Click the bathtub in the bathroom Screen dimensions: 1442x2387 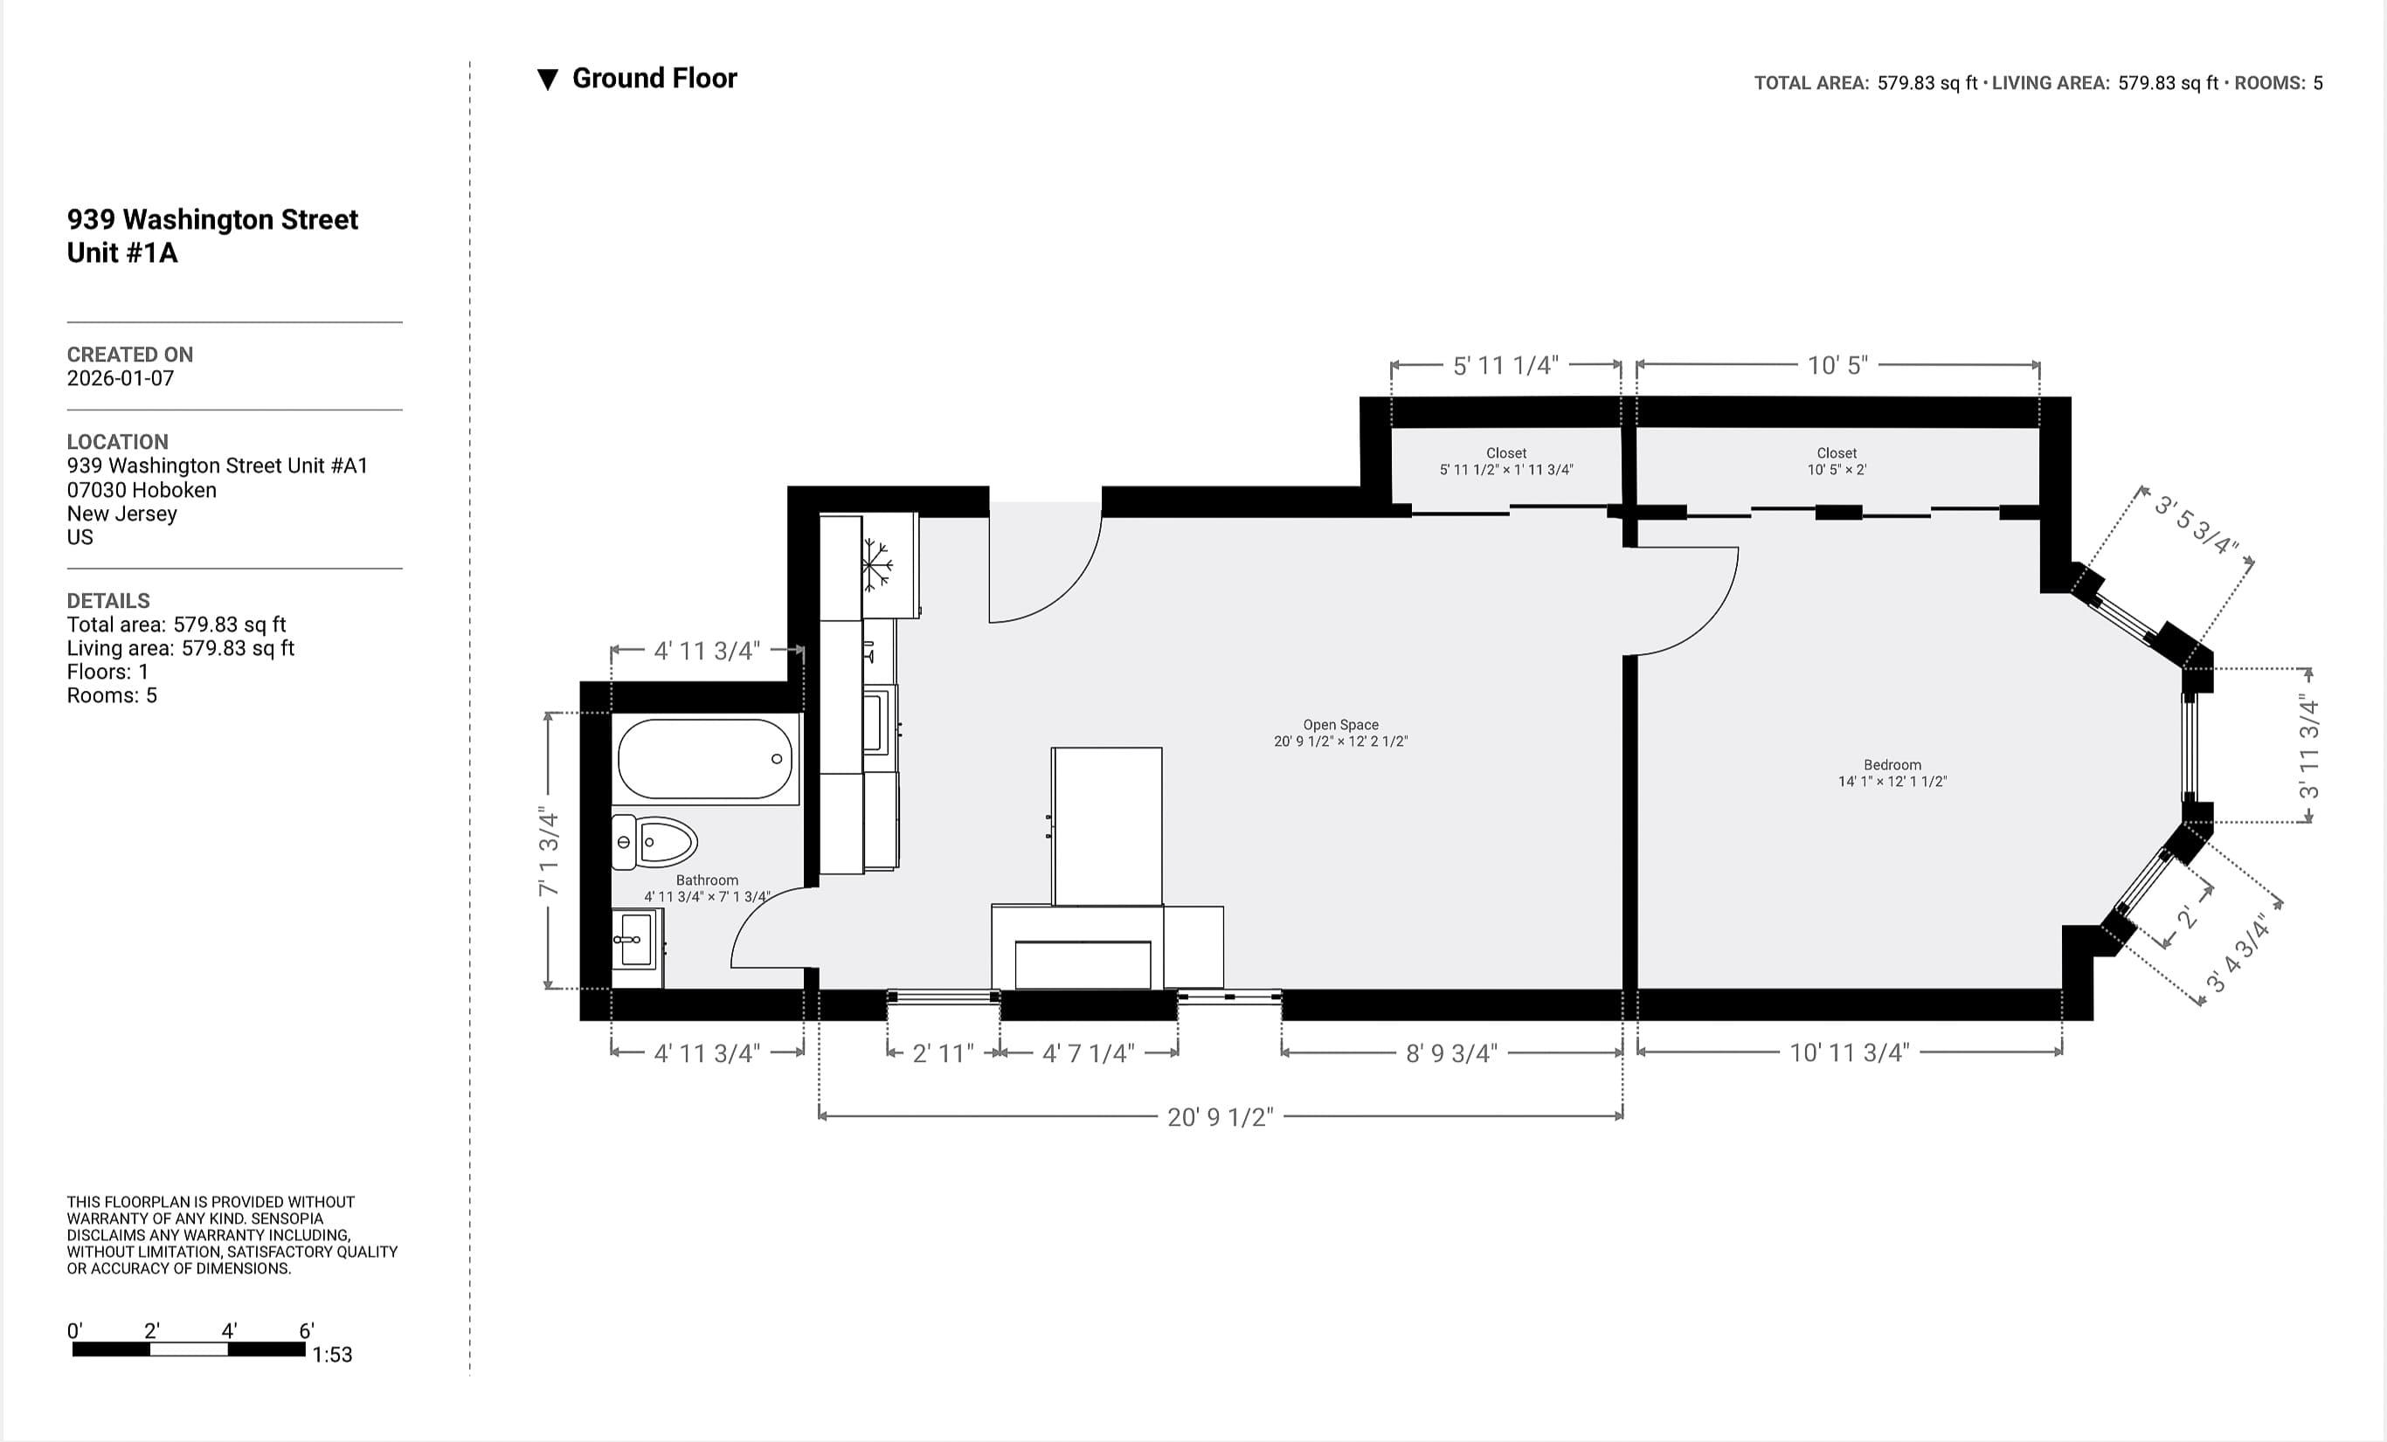pyautogui.click(x=705, y=759)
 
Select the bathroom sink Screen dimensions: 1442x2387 pyautogui.click(x=635, y=938)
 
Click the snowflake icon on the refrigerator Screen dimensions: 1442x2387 pyautogui.click(x=876, y=563)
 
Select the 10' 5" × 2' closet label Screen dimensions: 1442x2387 pyautogui.click(x=1836, y=461)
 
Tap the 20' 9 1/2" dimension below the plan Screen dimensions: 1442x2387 pyautogui.click(x=1220, y=1116)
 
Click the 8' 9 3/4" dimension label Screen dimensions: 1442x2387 pyautogui.click(x=1450, y=1052)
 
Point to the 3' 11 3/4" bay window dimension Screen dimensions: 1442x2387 pyautogui.click(x=2309, y=746)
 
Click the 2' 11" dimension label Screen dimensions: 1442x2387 pyautogui.click(x=943, y=1052)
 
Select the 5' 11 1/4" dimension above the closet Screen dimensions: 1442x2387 pyautogui.click(x=1505, y=365)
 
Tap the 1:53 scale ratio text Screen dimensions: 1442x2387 pyautogui.click(x=331, y=1354)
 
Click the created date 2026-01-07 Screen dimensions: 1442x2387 pyautogui.click(x=120, y=379)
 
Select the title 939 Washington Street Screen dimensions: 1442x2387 pyautogui.click(x=212, y=220)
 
